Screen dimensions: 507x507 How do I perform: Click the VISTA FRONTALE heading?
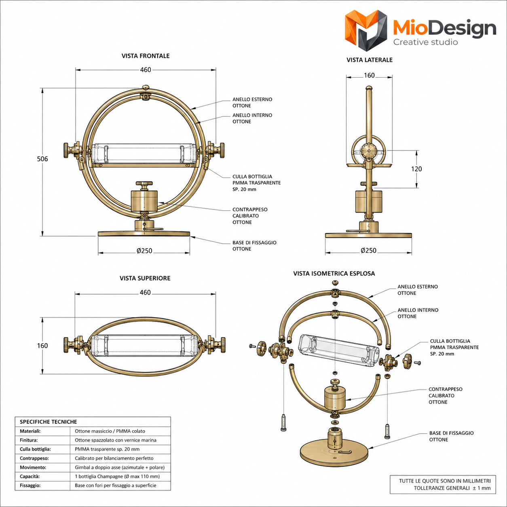146,56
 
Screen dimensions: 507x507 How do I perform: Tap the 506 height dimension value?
42,159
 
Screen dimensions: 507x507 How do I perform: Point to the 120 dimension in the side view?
416,169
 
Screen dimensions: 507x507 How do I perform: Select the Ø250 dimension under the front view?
144,251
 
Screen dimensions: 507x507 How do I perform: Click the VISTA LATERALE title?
370,60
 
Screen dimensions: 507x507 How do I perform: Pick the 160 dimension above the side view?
369,76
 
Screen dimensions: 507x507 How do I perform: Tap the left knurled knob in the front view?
66,150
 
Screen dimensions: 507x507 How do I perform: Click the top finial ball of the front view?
146,87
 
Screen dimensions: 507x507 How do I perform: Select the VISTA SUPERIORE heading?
145,278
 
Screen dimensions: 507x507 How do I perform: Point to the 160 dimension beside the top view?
42,346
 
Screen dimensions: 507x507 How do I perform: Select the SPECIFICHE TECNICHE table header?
49,422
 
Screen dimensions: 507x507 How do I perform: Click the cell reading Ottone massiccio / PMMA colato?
110,431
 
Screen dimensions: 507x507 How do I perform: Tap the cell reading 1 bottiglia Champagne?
117,476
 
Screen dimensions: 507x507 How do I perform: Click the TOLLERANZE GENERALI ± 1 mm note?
452,488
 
